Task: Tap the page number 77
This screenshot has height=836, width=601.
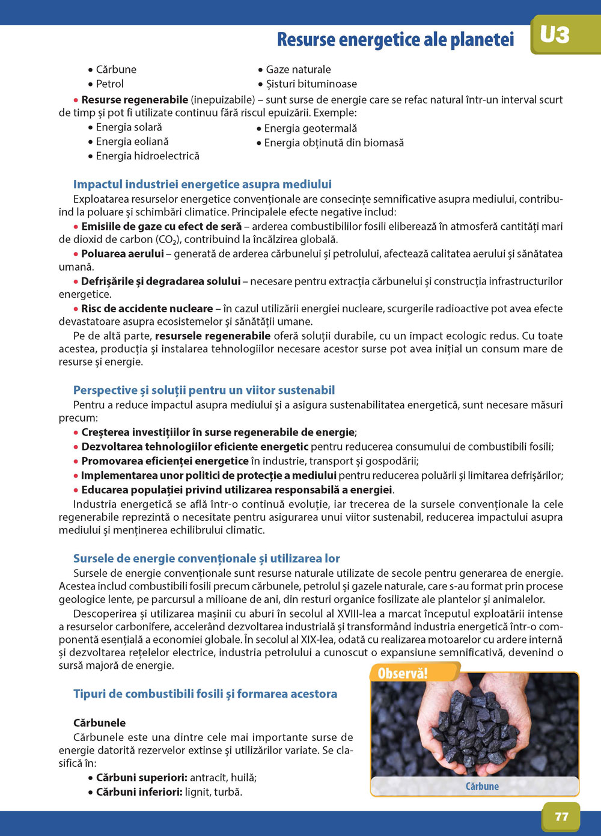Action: coord(561,816)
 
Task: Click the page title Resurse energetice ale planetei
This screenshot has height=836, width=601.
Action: coord(395,40)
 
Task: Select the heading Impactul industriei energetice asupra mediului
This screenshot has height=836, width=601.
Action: coord(202,185)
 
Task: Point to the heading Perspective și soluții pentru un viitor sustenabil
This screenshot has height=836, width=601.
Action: coord(204,390)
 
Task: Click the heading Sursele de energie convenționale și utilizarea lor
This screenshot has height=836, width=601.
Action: coord(206,559)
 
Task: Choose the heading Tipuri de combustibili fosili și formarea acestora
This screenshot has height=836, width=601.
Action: coord(205,694)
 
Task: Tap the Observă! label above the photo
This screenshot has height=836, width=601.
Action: coord(403,673)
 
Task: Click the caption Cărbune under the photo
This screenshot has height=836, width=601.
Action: coord(482,786)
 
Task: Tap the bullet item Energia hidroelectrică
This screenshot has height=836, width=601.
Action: coord(147,156)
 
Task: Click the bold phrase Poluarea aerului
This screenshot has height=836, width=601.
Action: coord(122,254)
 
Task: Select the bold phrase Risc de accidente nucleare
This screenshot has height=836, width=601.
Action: coord(147,309)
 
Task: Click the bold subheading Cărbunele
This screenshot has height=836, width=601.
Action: coord(99,723)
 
